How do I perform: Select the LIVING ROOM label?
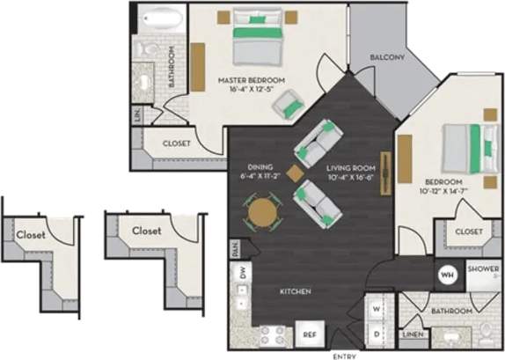[351, 167]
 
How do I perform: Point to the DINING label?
[260, 167]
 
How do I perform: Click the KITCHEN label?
[295, 291]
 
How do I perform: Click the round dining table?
[262, 212]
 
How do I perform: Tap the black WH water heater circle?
[446, 275]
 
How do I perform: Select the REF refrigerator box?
[309, 334]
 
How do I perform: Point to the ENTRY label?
[345, 355]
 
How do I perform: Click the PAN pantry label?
[233, 249]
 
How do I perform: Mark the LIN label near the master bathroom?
[137, 114]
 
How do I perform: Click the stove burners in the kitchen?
[269, 334]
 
